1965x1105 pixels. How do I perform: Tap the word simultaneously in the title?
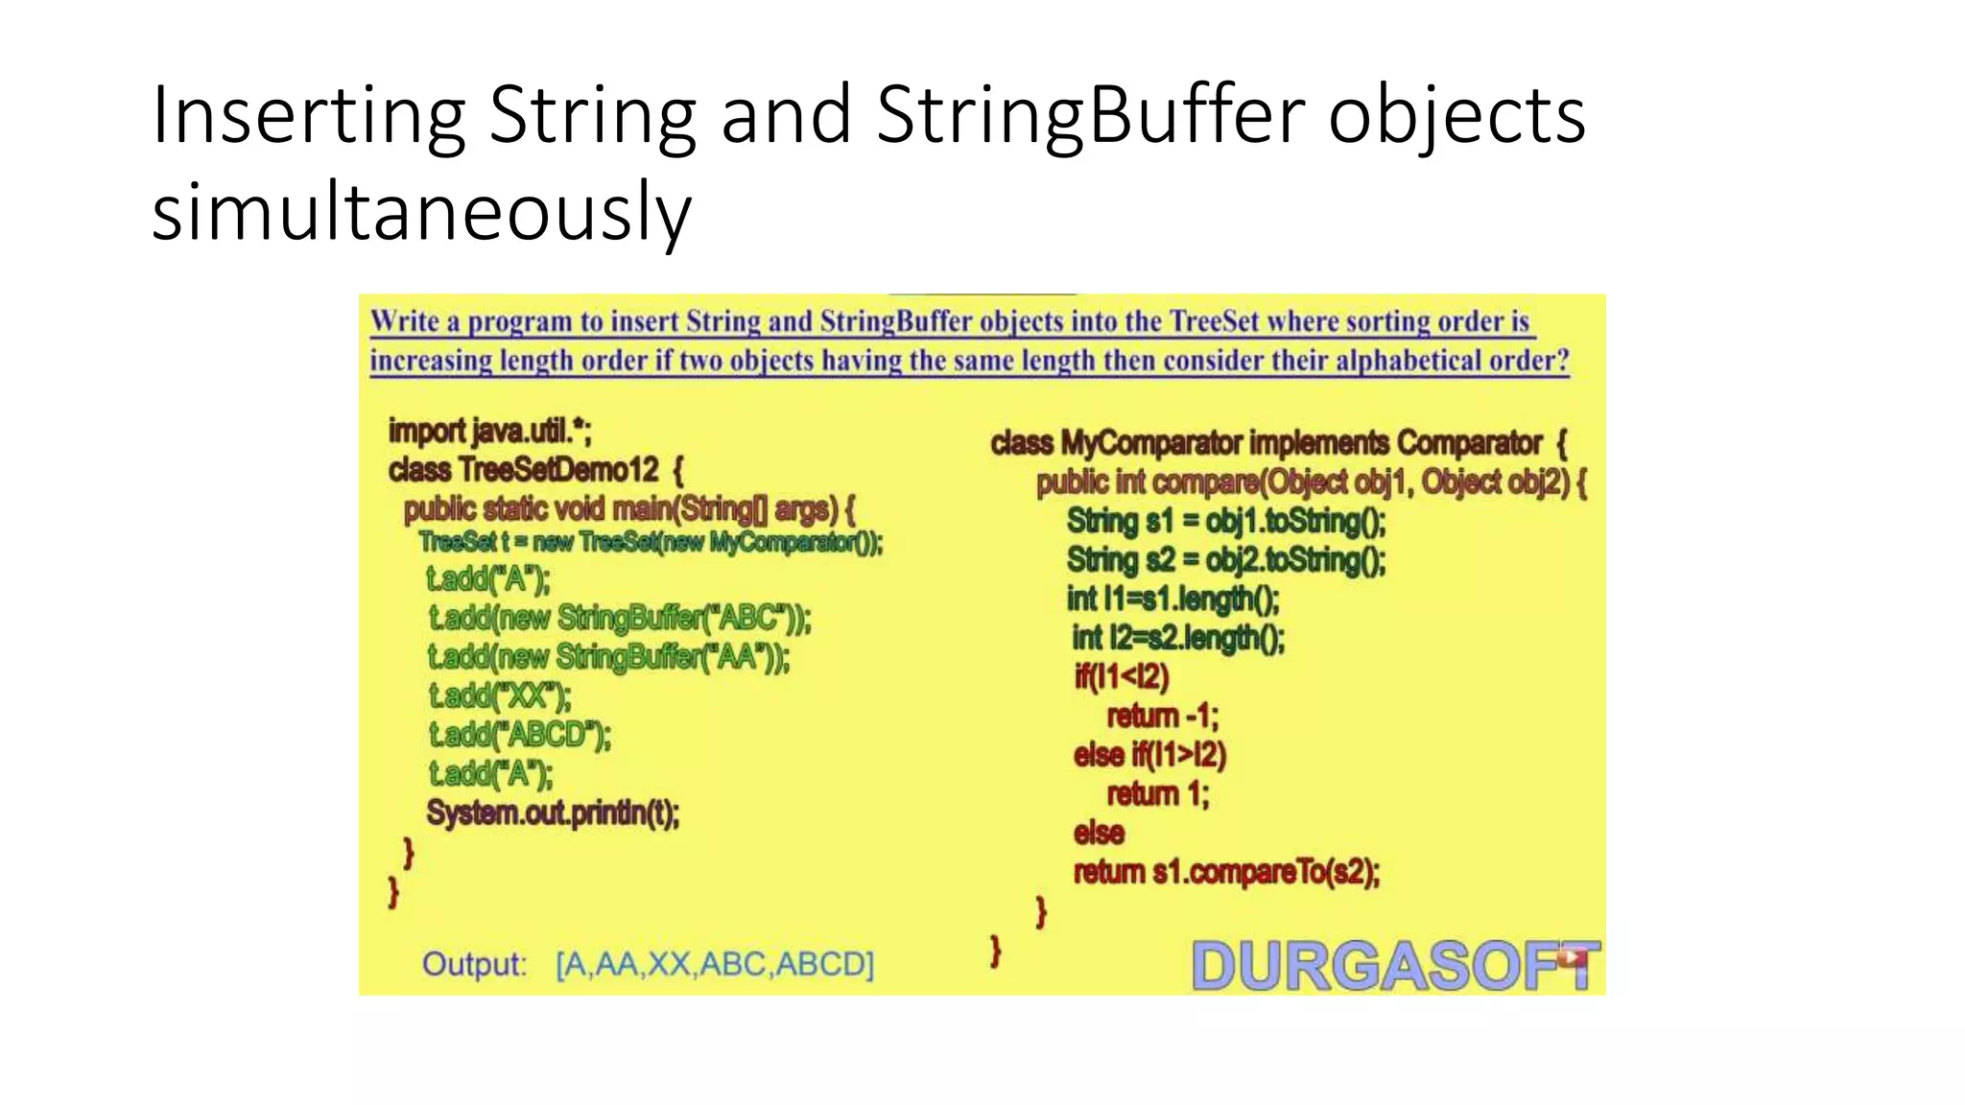(421, 213)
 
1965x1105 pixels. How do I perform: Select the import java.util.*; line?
(489, 432)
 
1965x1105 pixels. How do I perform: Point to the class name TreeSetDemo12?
(558, 470)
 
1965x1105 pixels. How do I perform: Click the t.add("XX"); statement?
(499, 695)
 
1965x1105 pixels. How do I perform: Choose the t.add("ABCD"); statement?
(519, 735)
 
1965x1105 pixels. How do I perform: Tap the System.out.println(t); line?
(553, 813)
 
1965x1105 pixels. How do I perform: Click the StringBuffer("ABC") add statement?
(620, 618)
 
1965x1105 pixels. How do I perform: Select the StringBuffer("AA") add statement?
(608, 657)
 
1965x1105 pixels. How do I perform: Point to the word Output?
(474, 964)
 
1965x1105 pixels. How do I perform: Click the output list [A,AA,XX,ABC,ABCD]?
(715, 964)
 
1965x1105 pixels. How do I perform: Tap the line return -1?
(1162, 717)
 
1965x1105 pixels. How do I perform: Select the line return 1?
(1157, 794)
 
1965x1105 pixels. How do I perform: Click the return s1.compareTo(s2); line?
(1225, 872)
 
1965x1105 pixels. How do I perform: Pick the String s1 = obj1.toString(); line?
(1225, 521)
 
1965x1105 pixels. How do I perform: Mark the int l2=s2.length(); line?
(1177, 638)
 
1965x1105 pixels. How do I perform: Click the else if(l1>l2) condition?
(1149, 755)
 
